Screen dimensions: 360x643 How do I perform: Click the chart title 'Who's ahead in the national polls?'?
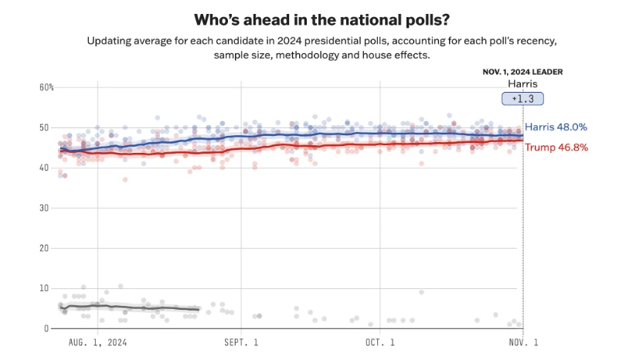321,19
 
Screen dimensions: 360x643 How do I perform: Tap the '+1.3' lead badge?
523,98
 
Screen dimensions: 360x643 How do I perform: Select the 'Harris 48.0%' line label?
556,127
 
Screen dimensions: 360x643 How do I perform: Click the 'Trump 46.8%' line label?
556,147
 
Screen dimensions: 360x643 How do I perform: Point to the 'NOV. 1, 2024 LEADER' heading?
522,71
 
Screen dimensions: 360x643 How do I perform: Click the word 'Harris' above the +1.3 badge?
522,83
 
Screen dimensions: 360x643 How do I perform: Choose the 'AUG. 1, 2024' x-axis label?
98,341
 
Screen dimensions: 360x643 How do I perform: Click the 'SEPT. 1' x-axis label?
240,341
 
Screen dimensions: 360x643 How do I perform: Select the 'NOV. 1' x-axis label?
522,341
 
